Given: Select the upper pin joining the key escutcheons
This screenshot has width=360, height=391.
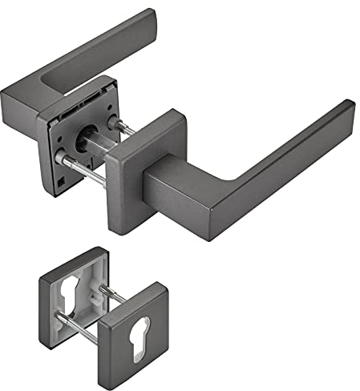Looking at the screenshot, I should click(x=112, y=296).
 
